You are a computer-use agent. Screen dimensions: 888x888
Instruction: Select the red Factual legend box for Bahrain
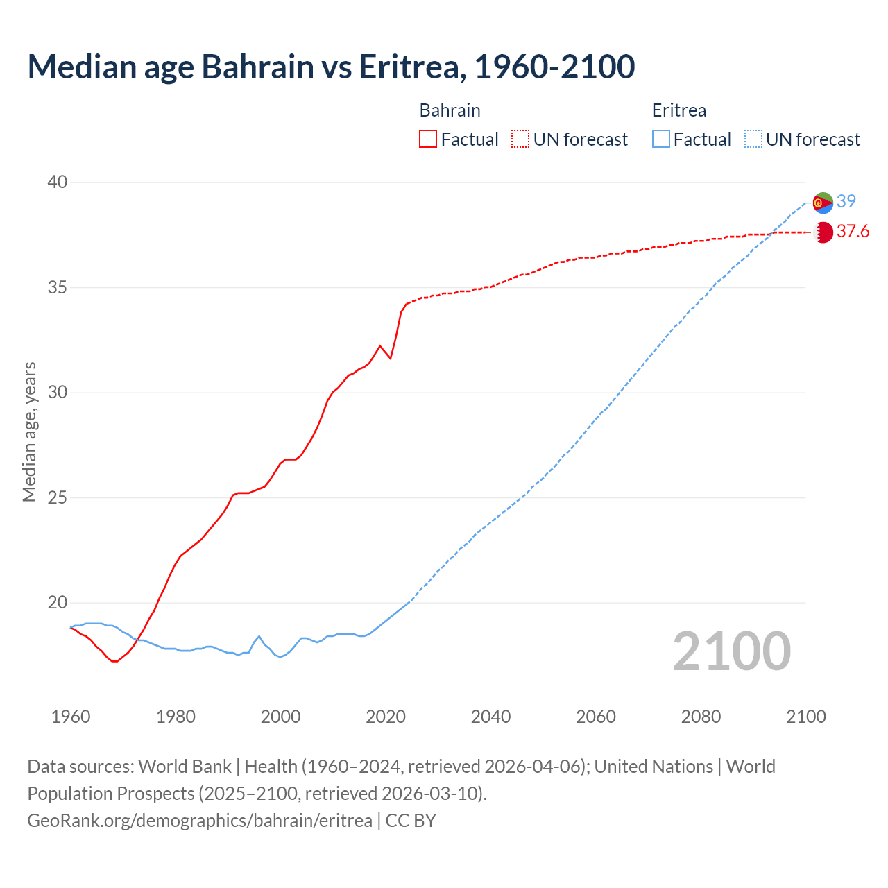coord(428,139)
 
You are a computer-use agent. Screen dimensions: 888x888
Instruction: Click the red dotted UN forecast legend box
coord(520,139)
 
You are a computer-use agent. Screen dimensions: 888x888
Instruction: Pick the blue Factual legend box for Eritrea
coord(661,139)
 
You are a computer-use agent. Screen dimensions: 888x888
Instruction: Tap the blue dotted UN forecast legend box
coord(753,139)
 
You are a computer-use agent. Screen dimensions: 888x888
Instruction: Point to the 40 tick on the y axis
coord(57,182)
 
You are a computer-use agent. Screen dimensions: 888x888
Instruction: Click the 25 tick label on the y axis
coord(57,497)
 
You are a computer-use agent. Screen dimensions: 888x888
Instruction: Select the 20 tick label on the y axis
coord(57,602)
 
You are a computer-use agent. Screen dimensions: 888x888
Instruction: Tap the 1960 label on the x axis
coord(71,717)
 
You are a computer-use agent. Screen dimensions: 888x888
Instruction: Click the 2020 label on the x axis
coord(386,717)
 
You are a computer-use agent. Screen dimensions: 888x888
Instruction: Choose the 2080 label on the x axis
coord(701,717)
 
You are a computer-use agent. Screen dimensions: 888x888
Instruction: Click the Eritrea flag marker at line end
coord(823,203)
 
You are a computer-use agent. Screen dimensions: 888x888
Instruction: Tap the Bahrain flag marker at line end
coord(823,232)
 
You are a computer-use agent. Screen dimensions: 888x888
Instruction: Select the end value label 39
coord(846,201)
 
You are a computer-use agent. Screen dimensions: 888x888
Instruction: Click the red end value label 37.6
coord(853,232)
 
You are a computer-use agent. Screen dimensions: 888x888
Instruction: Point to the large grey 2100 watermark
coord(731,651)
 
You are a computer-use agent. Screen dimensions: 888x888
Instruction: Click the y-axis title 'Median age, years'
coord(29,432)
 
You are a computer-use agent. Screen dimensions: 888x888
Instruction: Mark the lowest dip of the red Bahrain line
coord(114,661)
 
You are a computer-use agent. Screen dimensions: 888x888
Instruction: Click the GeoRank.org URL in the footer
coord(200,820)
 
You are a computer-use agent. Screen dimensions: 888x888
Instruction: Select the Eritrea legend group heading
coord(678,110)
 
